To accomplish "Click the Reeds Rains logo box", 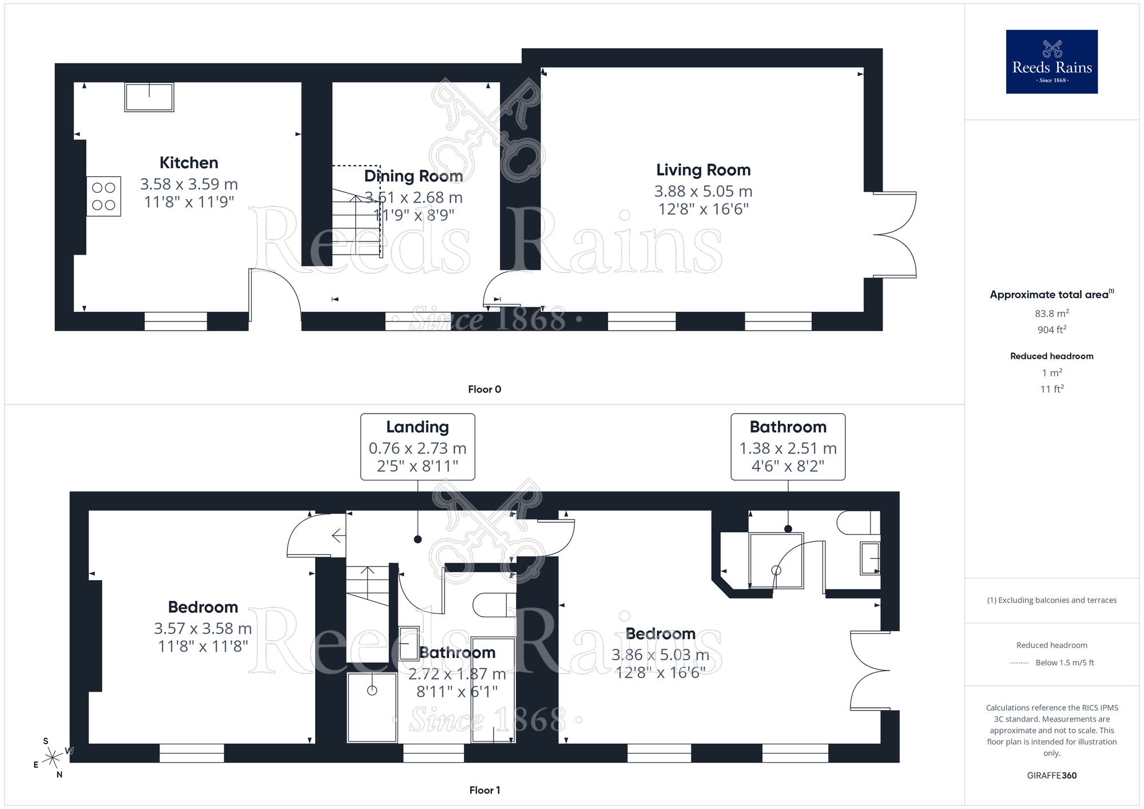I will [1051, 62].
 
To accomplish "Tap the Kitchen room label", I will [189, 163].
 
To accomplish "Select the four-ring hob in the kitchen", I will [104, 196].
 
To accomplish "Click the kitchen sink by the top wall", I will [149, 97].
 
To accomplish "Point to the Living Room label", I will [703, 170].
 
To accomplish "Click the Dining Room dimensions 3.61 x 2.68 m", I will [414, 197].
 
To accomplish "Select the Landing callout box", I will [418, 446].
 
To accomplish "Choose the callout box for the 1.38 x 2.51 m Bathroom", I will [788, 446].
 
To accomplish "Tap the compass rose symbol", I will [53, 758].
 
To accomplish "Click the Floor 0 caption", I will [484, 390].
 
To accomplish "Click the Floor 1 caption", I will [484, 790].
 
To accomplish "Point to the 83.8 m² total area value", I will [1051, 314].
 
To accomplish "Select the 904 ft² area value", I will [1051, 330].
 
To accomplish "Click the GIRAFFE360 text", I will [1051, 776].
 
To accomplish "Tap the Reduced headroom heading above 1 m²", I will [1051, 356].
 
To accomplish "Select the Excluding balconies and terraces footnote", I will [1051, 600].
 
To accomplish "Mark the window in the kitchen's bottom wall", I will [176, 322].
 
